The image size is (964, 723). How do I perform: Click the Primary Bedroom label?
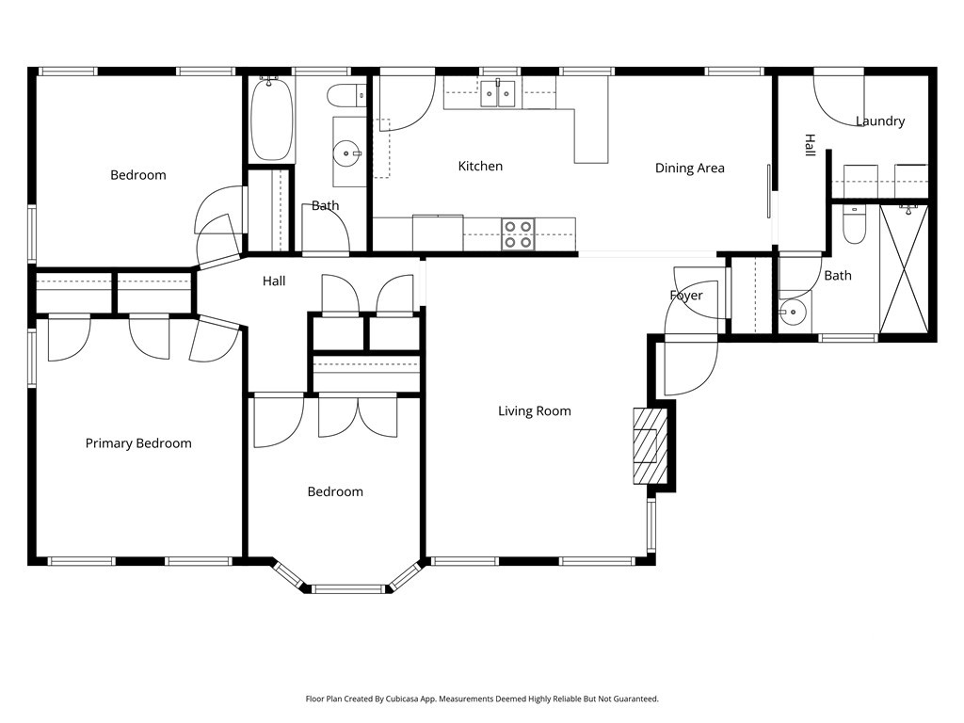[138, 443]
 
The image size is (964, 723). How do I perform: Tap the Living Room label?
[535, 410]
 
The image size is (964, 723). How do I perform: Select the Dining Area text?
[689, 168]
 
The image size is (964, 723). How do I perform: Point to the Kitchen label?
[480, 166]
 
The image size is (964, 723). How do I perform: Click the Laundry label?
[880, 121]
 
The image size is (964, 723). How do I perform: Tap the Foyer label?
[686, 295]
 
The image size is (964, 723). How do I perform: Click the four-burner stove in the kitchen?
[518, 234]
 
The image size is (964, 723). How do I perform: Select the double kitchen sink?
[497, 93]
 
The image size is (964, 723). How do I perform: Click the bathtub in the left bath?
[272, 119]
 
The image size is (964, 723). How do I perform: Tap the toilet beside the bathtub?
[346, 95]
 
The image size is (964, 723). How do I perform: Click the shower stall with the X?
[903, 270]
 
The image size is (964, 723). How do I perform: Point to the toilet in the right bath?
[854, 225]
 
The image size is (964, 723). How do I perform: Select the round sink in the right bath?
[793, 313]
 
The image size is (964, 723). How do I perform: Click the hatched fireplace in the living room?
[651, 445]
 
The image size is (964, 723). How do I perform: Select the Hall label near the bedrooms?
[274, 281]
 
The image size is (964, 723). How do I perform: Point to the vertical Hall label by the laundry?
[811, 144]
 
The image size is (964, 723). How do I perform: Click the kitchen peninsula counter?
[591, 136]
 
